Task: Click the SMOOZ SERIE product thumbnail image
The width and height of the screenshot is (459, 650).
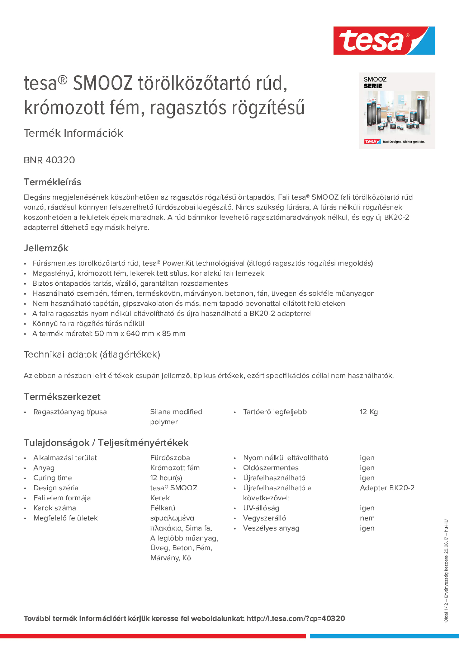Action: [x=397, y=111]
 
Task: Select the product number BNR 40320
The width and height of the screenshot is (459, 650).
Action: [x=49, y=160]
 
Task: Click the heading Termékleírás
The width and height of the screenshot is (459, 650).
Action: [x=52, y=182]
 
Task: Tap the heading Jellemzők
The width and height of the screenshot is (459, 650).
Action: [x=46, y=248]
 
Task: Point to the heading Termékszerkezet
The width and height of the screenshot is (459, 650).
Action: [x=62, y=397]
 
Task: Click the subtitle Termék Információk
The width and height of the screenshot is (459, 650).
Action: [x=73, y=133]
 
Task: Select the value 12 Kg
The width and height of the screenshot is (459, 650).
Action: [x=369, y=412]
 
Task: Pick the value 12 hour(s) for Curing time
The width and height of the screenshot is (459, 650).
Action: [x=166, y=478]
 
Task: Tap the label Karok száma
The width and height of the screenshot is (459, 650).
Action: [x=55, y=508]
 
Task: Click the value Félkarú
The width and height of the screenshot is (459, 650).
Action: [x=162, y=508]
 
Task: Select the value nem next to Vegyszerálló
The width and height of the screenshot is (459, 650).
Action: [x=367, y=518]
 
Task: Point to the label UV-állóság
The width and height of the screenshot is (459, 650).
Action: [x=261, y=508]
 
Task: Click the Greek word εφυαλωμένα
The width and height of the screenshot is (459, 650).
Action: [x=172, y=518]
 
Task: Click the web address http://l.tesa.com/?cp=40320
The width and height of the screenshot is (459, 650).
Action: [x=296, y=619]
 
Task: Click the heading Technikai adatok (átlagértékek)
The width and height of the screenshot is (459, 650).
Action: [x=92, y=354]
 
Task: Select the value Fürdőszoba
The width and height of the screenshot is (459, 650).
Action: [x=170, y=458]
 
